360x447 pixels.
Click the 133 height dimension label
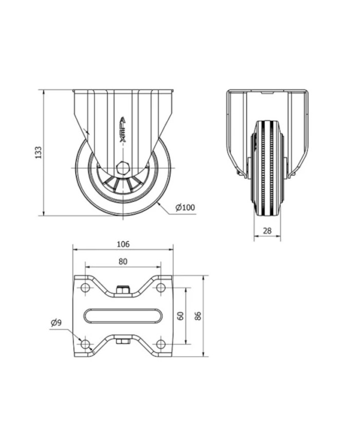tap(39, 153)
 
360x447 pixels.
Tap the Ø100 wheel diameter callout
tap(185, 207)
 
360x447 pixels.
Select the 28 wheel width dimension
tap(267, 230)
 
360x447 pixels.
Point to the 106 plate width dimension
tap(123, 244)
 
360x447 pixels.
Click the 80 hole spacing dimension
tap(123, 261)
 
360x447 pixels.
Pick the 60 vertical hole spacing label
tap(181, 316)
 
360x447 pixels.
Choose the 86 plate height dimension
tap(198, 316)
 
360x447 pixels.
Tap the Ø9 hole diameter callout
tap(56, 323)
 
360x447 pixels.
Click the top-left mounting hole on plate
tap(85, 288)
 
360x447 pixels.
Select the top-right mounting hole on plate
tap(161, 288)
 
